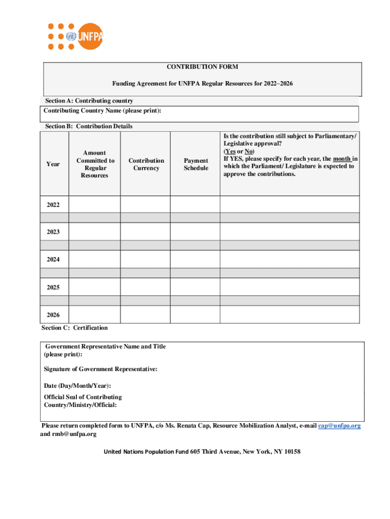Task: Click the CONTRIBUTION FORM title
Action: click(203, 67)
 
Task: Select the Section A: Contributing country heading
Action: click(89, 101)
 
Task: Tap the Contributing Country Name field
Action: click(253, 114)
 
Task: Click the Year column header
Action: click(53, 164)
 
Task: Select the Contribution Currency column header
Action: click(146, 164)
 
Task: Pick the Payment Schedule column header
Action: click(196, 164)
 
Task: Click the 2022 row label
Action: click(53, 205)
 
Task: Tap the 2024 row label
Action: click(53, 259)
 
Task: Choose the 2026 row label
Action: click(53, 315)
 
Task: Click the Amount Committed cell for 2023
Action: click(94, 232)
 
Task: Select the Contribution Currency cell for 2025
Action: click(145, 287)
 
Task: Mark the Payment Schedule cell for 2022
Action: click(195, 205)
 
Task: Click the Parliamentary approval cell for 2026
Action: click(290, 315)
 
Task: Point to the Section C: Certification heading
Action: click(74, 328)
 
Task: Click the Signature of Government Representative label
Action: click(100, 369)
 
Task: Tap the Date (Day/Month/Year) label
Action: click(77, 386)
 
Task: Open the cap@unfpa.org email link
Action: click(339, 426)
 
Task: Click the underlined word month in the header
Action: click(342, 159)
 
